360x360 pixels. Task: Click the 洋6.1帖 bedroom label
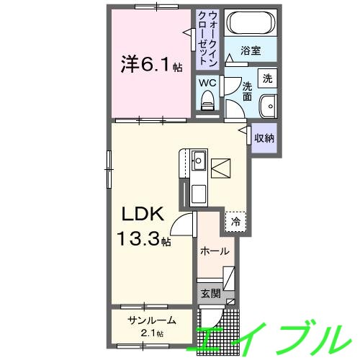pyautogui.click(x=150, y=66)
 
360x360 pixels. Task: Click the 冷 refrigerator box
pyautogui.click(x=236, y=221)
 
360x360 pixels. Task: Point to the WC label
pyautogui.click(x=207, y=83)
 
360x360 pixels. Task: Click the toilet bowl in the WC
pyautogui.click(x=208, y=105)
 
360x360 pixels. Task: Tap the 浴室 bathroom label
pyautogui.click(x=251, y=52)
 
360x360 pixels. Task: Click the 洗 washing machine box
pyautogui.click(x=267, y=78)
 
